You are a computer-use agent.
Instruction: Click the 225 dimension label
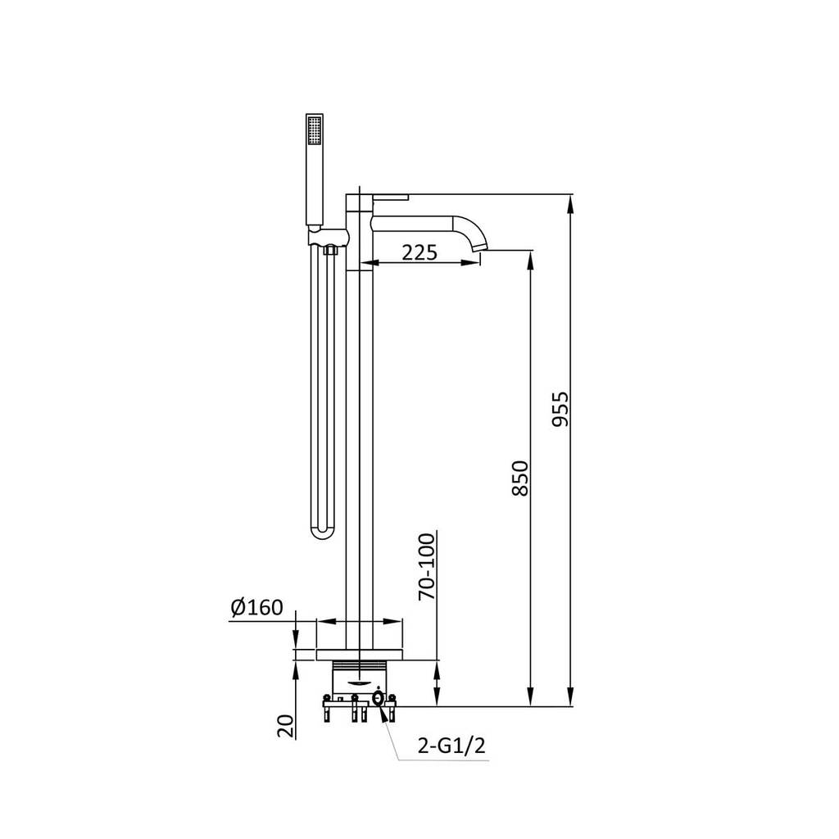[x=419, y=252]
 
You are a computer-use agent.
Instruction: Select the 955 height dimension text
[x=560, y=410]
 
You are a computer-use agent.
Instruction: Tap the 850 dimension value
[x=519, y=478]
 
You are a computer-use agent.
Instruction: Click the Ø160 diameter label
[x=256, y=607]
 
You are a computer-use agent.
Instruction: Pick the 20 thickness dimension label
[x=286, y=727]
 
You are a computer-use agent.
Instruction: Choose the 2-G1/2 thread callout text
[x=451, y=746]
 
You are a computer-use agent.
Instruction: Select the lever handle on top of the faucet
[x=391, y=197]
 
